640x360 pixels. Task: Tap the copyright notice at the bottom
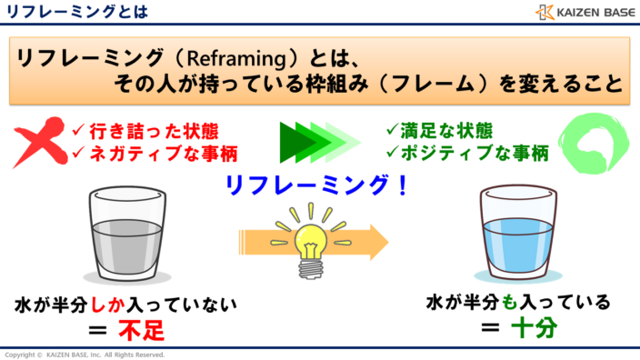85,355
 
